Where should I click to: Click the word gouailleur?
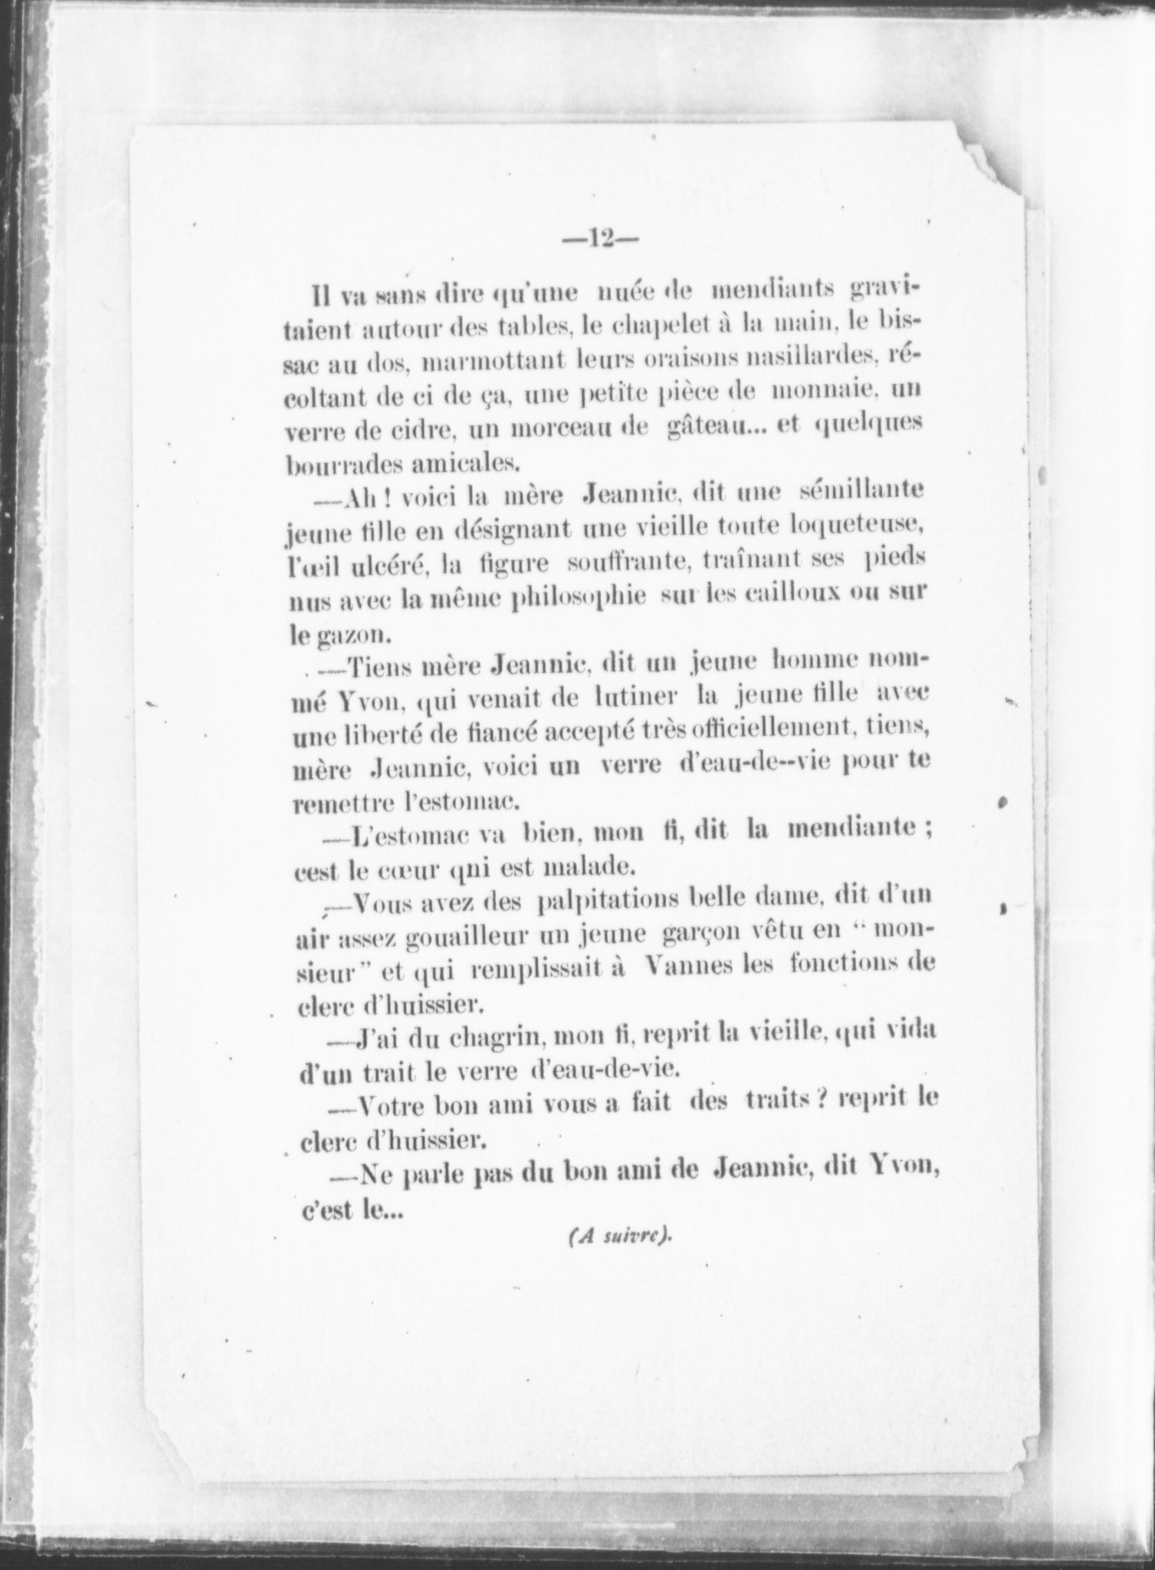coord(446,939)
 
